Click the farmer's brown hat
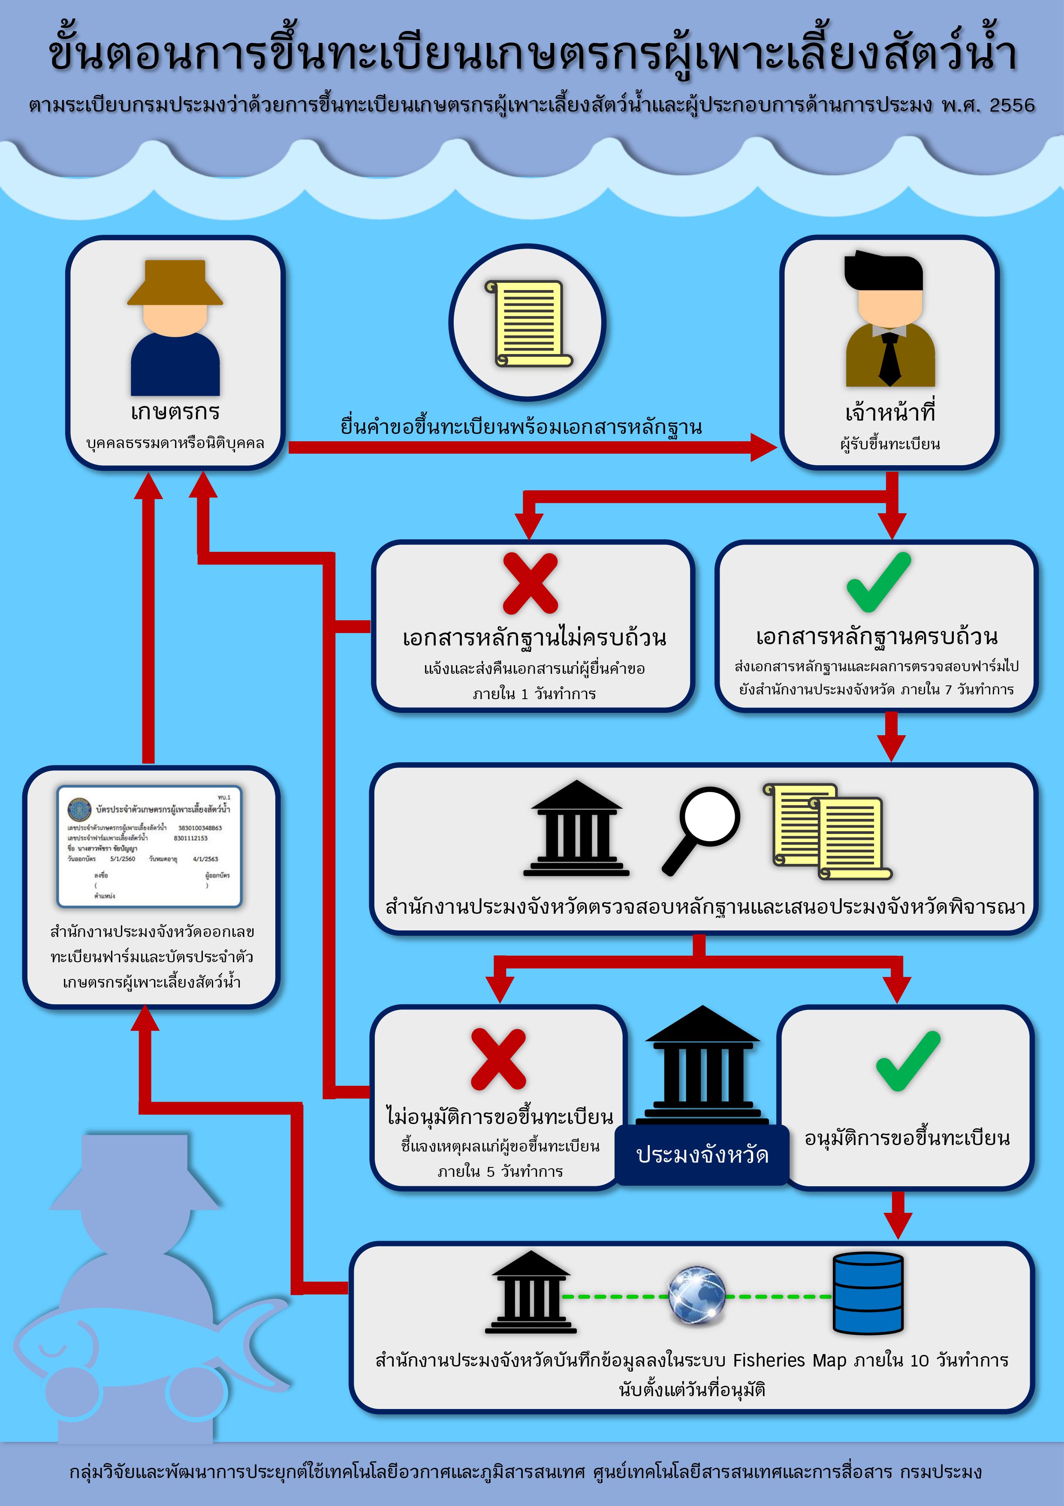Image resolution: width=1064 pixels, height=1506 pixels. [175, 283]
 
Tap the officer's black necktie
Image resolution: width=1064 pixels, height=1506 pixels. [889, 358]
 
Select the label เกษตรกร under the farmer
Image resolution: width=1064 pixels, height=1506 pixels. [175, 412]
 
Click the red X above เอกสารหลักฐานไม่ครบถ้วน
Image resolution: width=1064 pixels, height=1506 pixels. [530, 583]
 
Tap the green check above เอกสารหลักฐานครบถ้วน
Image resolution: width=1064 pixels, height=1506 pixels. [878, 582]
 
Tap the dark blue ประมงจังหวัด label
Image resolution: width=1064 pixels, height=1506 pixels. [702, 1154]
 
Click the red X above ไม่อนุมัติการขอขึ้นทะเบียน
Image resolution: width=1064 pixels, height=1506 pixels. [498, 1059]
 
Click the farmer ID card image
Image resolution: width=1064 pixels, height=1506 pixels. [150, 846]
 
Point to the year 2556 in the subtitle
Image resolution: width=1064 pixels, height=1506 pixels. [1012, 106]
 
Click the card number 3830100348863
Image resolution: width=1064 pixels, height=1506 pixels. [200, 828]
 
